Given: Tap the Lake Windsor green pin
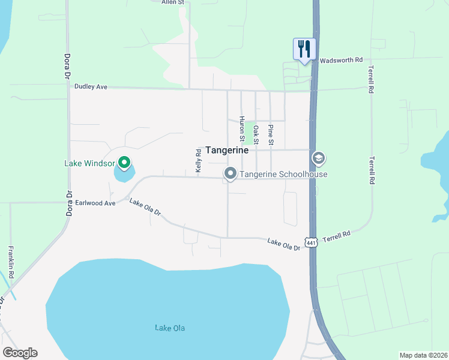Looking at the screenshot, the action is point(124,162).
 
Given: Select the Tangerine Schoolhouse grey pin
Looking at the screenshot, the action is point(230,174).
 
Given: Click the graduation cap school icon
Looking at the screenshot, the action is point(319,158).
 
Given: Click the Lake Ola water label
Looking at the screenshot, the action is point(170,328).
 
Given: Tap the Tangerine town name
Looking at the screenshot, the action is point(227,151).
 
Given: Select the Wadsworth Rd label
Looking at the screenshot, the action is point(342,60).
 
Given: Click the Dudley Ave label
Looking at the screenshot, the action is point(91,86).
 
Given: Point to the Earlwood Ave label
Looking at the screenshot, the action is point(95,203).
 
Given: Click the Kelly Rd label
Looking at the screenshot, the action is point(198,161).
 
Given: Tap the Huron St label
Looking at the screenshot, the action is point(242,129).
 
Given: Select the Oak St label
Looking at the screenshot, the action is point(256,135).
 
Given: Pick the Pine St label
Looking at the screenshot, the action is point(271,135).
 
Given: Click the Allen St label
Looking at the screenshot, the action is point(175,2).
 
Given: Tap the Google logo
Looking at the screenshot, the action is point(20,353).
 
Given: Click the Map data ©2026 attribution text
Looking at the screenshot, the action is point(423,355).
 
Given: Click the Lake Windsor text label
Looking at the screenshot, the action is point(91,163).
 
